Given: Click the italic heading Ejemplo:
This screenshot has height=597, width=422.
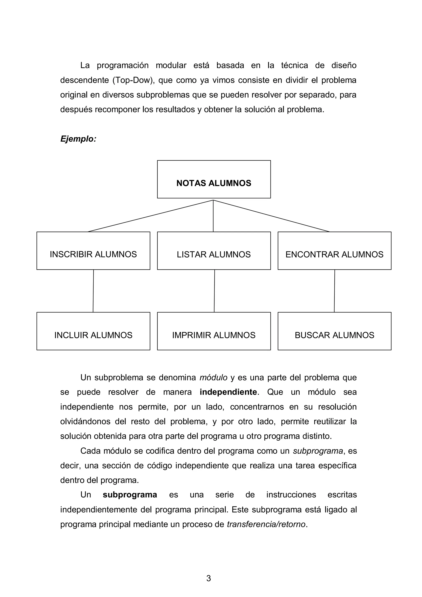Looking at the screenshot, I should pyautogui.click(x=78, y=139).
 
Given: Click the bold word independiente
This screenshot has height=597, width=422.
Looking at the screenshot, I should pyautogui.click(x=228, y=392).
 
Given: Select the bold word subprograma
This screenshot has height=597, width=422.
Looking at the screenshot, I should pyautogui.click(x=130, y=495).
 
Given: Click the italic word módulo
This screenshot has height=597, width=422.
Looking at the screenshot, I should pyautogui.click(x=213, y=377).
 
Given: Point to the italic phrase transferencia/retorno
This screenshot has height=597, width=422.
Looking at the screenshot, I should pyautogui.click(x=266, y=524).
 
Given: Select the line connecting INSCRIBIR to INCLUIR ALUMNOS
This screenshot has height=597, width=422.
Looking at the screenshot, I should pyautogui.click(x=93, y=291).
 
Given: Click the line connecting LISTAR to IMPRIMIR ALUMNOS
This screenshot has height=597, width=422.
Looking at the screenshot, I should pyautogui.click(x=215, y=291).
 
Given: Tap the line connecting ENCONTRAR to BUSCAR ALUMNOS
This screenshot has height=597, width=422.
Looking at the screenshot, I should pyautogui.click(x=334, y=291).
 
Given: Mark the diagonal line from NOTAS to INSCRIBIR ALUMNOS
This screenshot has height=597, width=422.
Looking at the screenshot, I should pyautogui.click(x=151, y=216).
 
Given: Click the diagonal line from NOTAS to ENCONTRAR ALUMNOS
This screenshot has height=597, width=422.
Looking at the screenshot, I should pyautogui.click(x=271, y=216).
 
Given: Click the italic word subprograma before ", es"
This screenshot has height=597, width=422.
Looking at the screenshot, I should pyautogui.click(x=318, y=451).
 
